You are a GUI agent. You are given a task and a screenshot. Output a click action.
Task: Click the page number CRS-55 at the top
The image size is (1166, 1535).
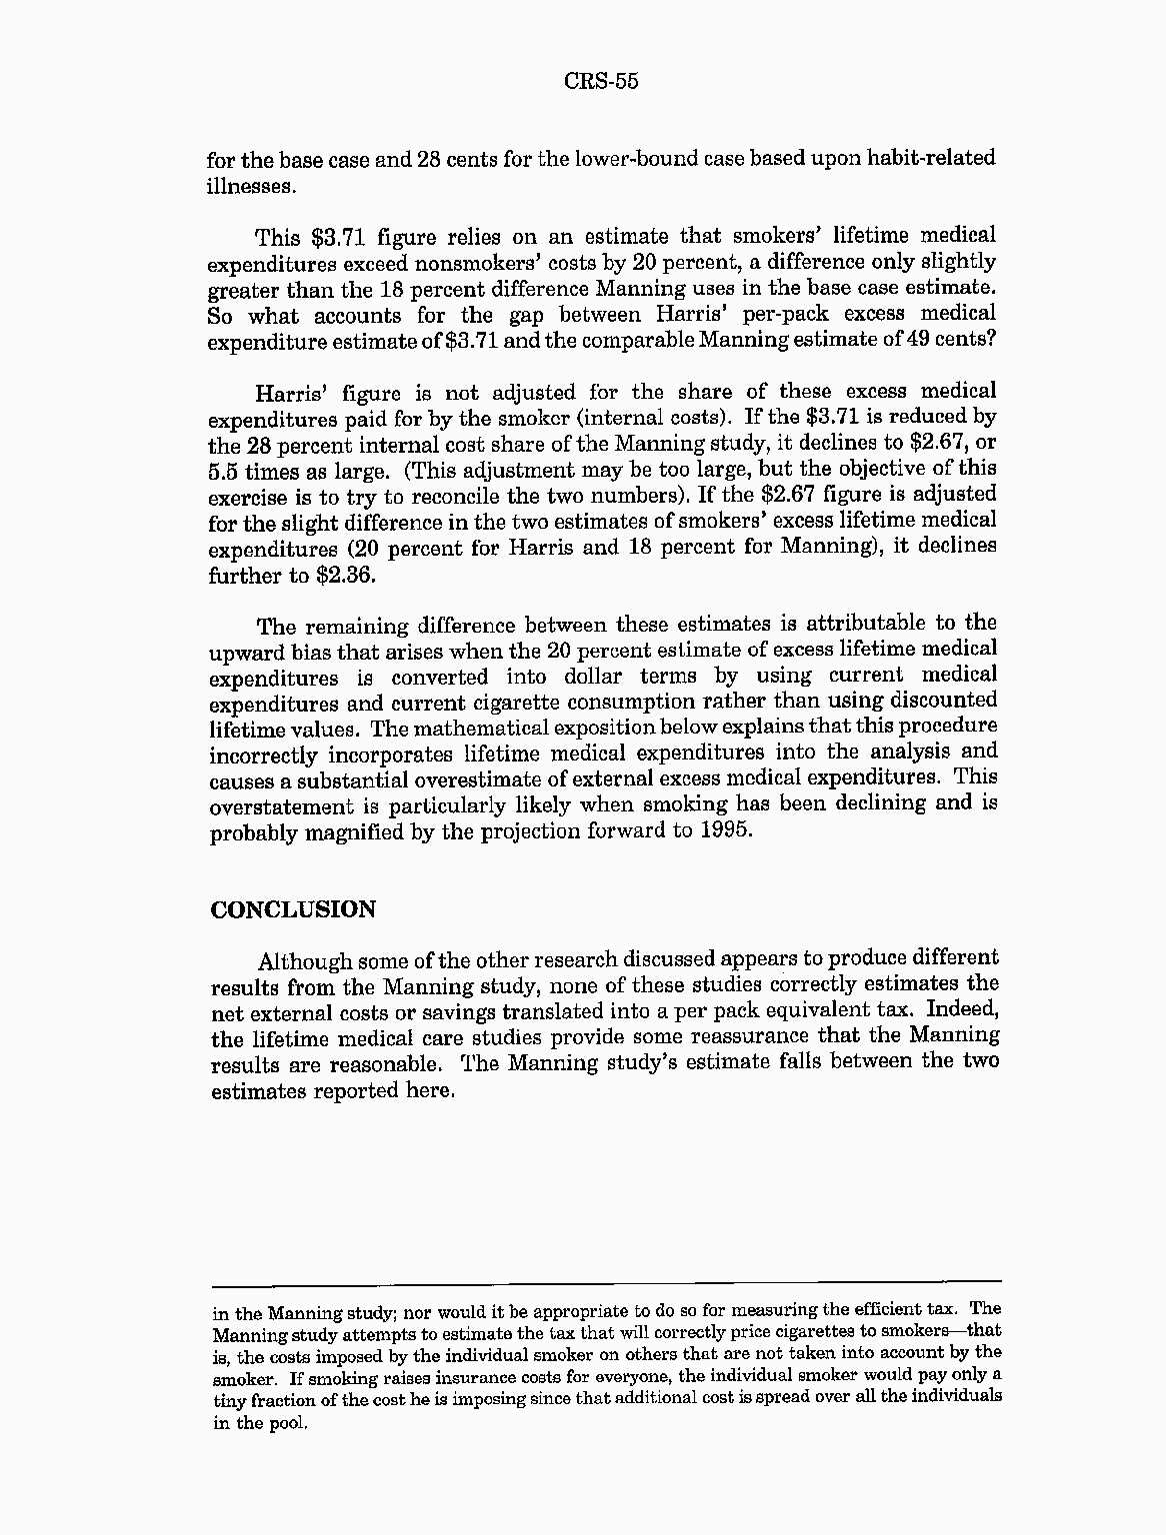[600, 81]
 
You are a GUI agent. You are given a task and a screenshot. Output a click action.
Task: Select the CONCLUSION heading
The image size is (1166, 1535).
[293, 909]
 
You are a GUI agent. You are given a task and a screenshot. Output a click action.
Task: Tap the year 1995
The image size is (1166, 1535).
[723, 830]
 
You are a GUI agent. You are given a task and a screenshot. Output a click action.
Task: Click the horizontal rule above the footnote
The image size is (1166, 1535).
[606, 1282]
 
